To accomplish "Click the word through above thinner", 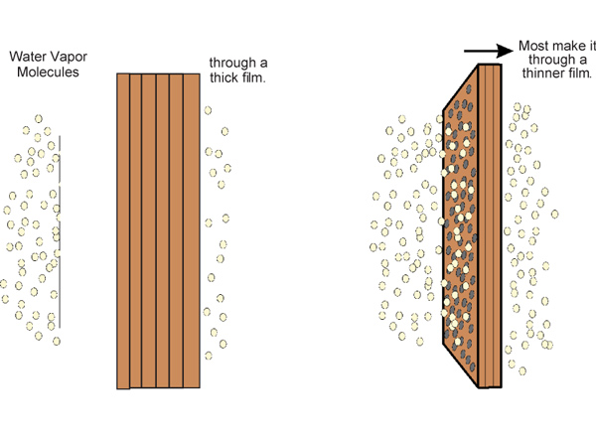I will coord(548,62).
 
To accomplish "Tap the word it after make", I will coord(592,47).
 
